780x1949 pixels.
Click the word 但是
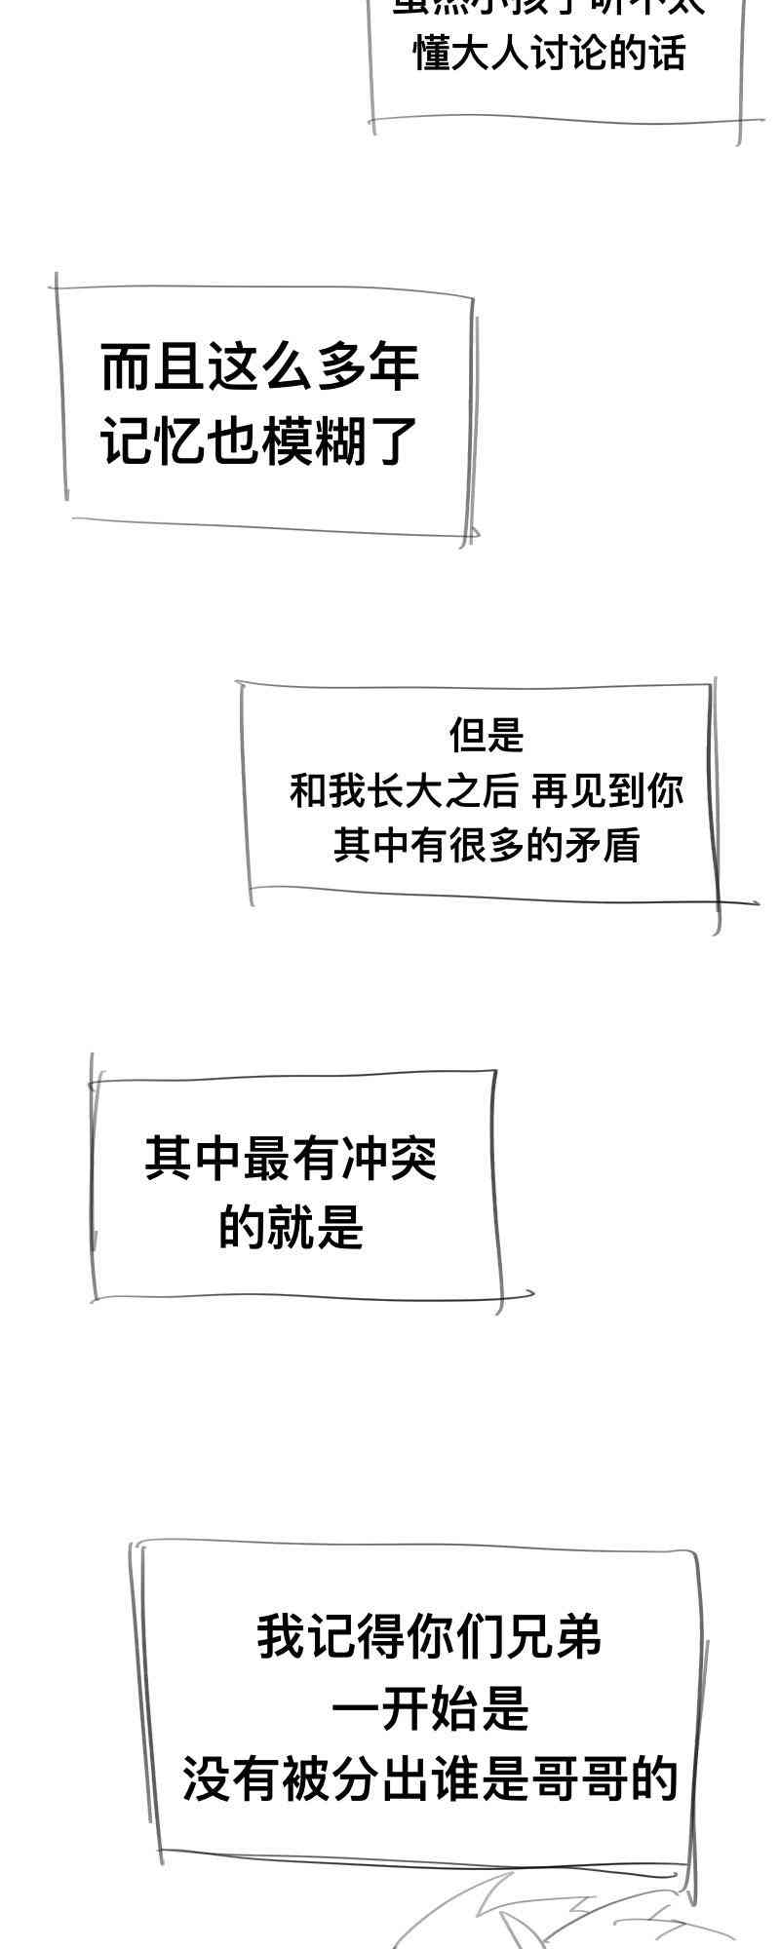[x=487, y=735]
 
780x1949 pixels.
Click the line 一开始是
[x=430, y=1709]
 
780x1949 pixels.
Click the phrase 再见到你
[x=607, y=790]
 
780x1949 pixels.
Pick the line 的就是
[x=291, y=1227]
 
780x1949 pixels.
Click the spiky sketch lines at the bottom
[x=546, y=1915]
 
